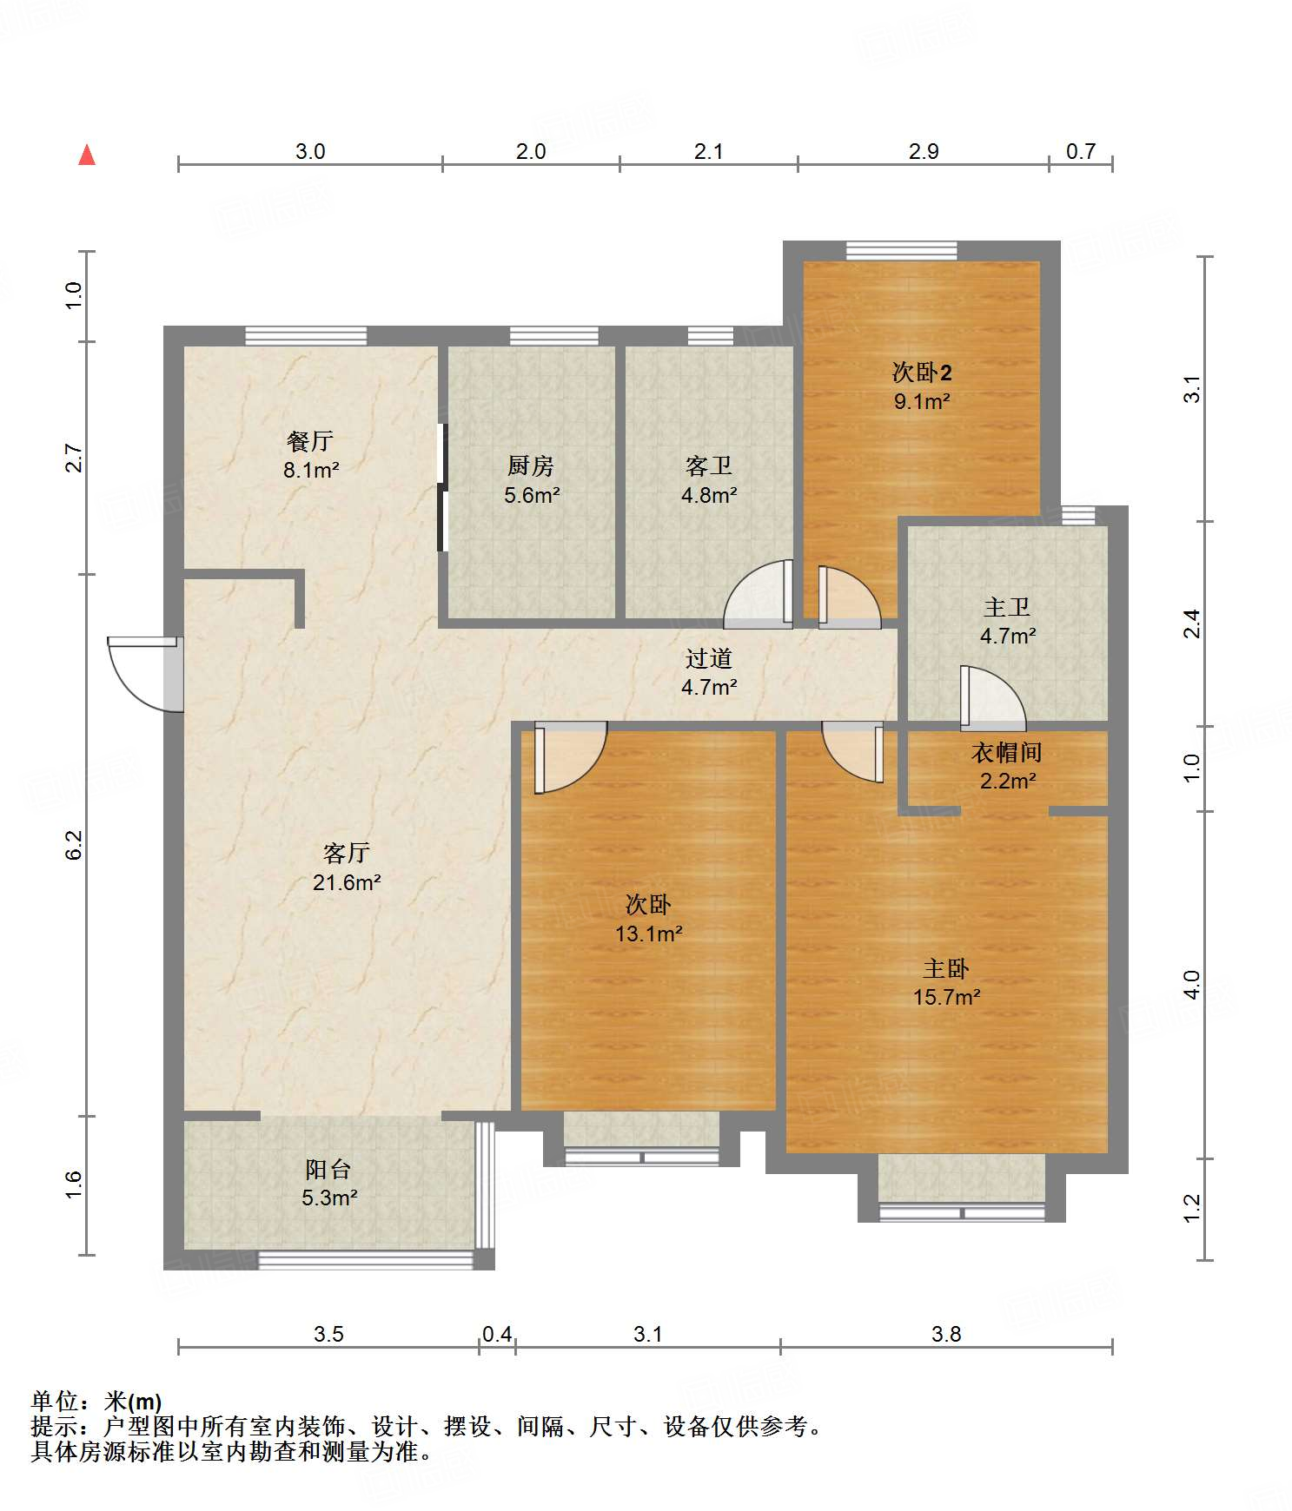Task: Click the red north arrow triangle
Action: pyautogui.click(x=87, y=155)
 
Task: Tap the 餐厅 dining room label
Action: pyautogui.click(x=310, y=441)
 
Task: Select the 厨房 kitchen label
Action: pyautogui.click(x=531, y=466)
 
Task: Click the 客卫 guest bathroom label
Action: pyautogui.click(x=709, y=466)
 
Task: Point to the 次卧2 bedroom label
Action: pyautogui.click(x=922, y=373)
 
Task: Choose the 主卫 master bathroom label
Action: pyautogui.click(x=1007, y=607)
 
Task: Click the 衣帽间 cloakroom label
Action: pyautogui.click(x=1007, y=752)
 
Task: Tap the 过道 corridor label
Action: pyautogui.click(x=709, y=658)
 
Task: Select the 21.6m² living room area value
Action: pyautogui.click(x=347, y=882)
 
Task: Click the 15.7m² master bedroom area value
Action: pyautogui.click(x=946, y=997)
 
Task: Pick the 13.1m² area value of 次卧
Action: pyautogui.click(x=648, y=934)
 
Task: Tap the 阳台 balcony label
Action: pyautogui.click(x=328, y=1169)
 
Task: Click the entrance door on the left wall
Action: pyautogui.click(x=143, y=674)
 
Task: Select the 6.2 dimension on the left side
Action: pyautogui.click(x=75, y=845)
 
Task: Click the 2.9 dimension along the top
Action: pyautogui.click(x=924, y=151)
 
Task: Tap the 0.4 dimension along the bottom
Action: pyautogui.click(x=497, y=1334)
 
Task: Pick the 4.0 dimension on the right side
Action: pyautogui.click(x=1192, y=985)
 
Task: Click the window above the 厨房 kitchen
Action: pyautogui.click(x=553, y=336)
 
